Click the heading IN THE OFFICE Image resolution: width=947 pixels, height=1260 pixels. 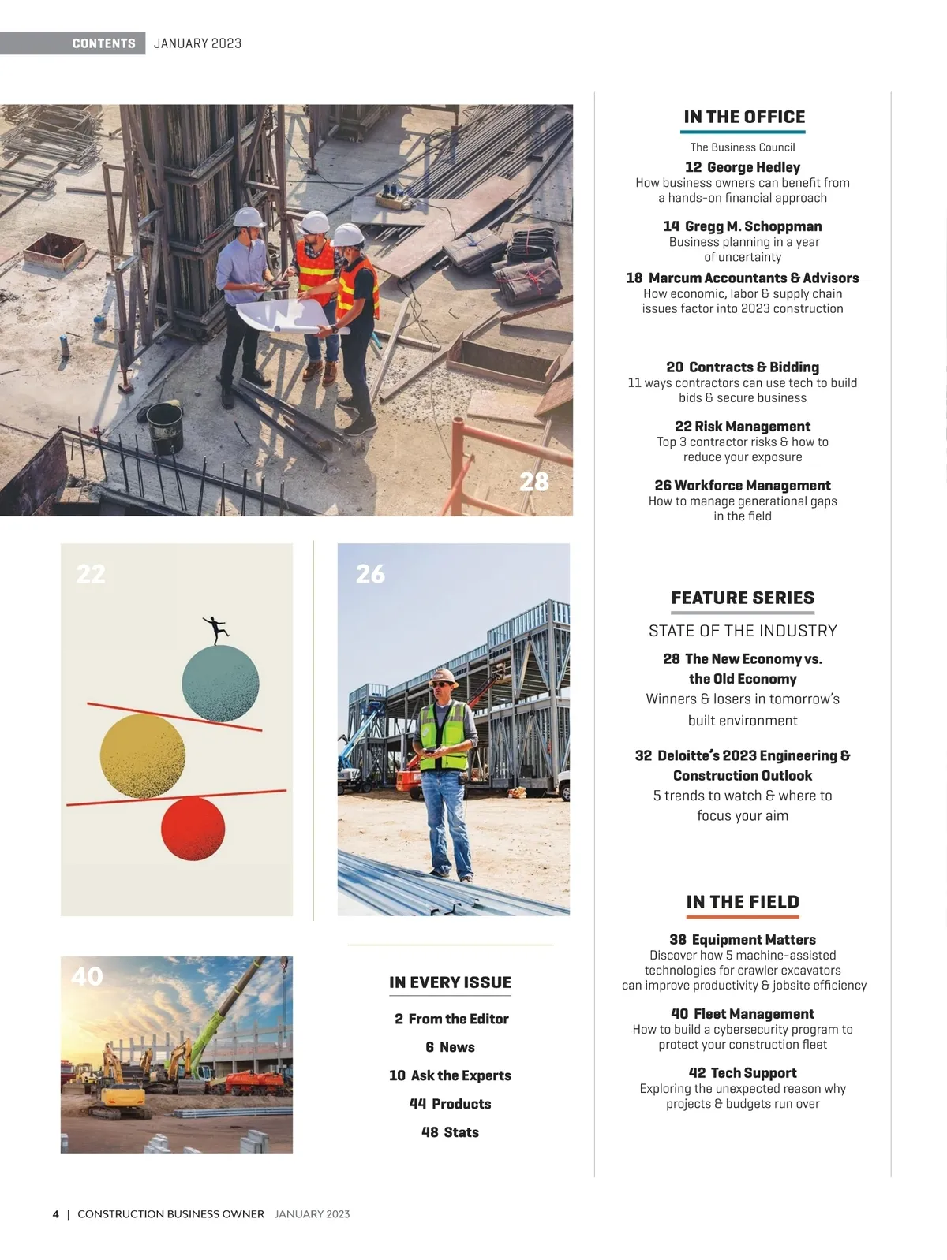point(743,117)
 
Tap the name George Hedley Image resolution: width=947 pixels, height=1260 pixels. point(753,167)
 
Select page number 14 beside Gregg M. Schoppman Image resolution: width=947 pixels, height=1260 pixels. point(671,226)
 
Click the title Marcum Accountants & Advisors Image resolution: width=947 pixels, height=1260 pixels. point(753,278)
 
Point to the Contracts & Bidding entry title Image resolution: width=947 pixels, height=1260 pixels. point(753,367)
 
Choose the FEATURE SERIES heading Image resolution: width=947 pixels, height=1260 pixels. point(743,598)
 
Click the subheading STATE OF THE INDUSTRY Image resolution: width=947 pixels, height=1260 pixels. point(743,631)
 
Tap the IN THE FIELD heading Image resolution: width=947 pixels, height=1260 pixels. point(743,902)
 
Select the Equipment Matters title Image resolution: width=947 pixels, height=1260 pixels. point(753,940)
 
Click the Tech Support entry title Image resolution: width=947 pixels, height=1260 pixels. point(753,1073)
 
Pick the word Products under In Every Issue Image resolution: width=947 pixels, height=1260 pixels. point(461,1104)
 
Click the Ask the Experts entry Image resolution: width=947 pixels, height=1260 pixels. point(460,1075)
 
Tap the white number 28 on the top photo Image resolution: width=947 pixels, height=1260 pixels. point(534,482)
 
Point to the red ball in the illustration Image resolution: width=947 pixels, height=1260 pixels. point(193,828)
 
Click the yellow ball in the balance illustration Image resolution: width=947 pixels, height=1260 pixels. point(143,756)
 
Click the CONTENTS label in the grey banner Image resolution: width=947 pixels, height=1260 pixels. point(103,43)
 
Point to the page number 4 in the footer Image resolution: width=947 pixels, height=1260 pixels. point(55,1214)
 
